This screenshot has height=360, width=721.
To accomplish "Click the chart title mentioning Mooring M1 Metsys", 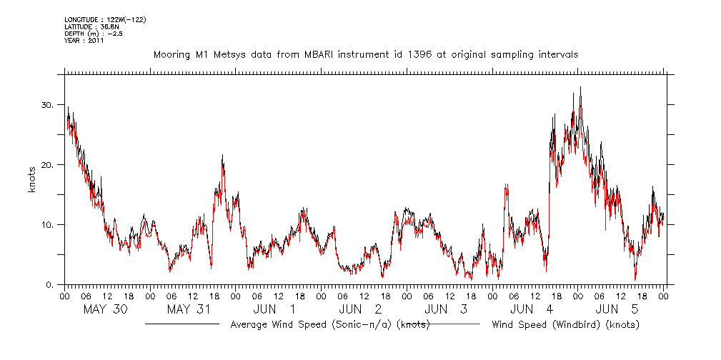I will pyautogui.click(x=366, y=54).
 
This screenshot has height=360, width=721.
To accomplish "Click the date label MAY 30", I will pyautogui.click(x=105, y=309).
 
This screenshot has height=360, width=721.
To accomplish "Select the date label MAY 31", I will pyautogui.click(x=189, y=309).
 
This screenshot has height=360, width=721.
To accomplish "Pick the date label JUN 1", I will pyautogui.click(x=275, y=309).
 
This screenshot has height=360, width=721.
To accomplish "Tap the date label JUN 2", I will pyautogui.click(x=360, y=309).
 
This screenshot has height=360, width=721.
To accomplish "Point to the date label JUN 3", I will pyautogui.click(x=446, y=309).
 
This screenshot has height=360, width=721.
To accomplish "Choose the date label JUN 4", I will pyautogui.click(x=532, y=309).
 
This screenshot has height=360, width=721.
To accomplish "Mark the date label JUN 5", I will pyautogui.click(x=617, y=309).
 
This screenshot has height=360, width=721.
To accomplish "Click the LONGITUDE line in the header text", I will pyautogui.click(x=105, y=19).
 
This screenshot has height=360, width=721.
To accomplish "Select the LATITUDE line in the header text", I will pyautogui.click(x=89, y=26).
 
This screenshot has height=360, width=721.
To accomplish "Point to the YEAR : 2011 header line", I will pyautogui.click(x=84, y=41).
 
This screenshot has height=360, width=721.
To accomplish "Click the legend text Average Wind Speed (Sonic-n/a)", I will pyautogui.click(x=330, y=325).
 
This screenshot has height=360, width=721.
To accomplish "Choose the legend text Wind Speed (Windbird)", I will pyautogui.click(x=565, y=325).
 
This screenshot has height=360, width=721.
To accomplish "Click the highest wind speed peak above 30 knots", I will pyautogui.click(x=580, y=88).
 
